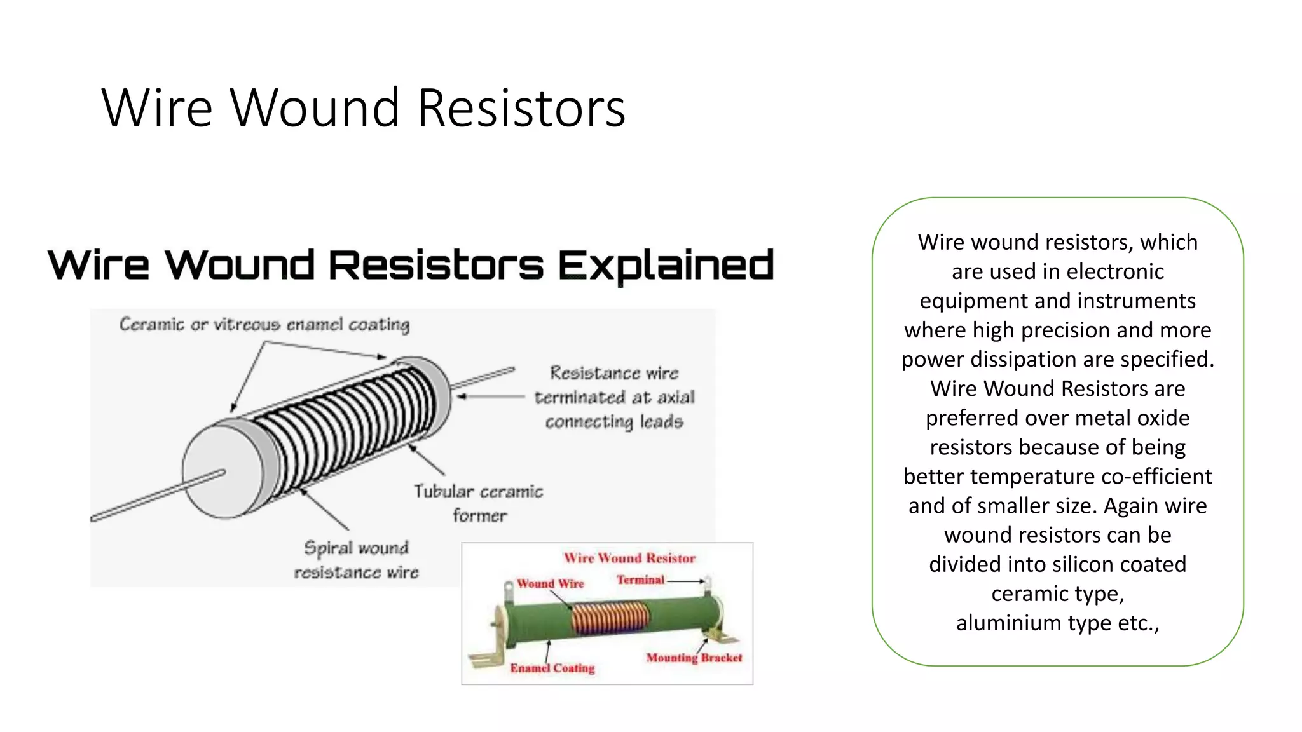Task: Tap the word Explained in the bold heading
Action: (666, 265)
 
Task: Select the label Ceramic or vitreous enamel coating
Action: (264, 325)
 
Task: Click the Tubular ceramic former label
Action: (479, 503)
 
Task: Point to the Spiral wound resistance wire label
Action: (356, 560)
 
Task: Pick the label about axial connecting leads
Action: (614, 397)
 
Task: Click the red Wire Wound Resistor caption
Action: (629, 558)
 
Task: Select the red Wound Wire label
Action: (550, 583)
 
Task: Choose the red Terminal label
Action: (640, 579)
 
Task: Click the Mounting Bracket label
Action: (694, 658)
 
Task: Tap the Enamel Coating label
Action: (552, 668)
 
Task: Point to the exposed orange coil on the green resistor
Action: (610, 618)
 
